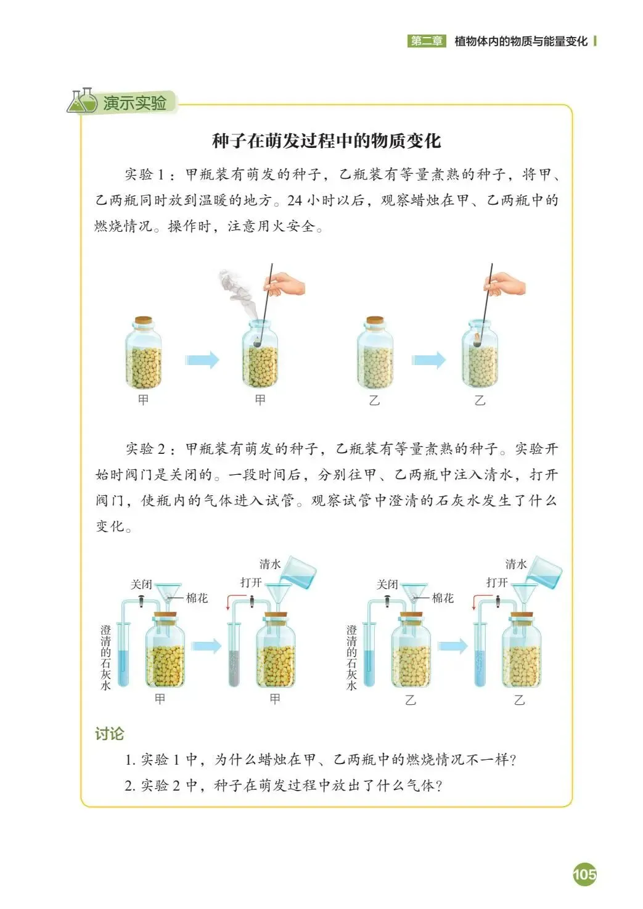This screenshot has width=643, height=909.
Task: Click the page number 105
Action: click(584, 874)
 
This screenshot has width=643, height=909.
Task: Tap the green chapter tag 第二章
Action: click(427, 41)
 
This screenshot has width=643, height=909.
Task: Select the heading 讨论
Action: click(109, 734)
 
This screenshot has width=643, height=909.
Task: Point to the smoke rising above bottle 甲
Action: click(236, 293)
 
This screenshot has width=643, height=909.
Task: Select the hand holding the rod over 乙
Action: click(505, 284)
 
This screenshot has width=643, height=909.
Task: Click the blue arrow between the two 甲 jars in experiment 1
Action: click(202, 360)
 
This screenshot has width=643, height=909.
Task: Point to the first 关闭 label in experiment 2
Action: click(141, 585)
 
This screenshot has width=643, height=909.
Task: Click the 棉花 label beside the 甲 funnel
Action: click(197, 598)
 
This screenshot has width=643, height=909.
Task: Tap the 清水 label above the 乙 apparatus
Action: click(515, 564)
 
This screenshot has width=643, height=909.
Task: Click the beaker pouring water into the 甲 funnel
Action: click(298, 573)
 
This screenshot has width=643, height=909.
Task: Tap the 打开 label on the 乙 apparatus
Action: click(497, 583)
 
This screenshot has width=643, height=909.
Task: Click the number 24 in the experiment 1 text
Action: click(294, 200)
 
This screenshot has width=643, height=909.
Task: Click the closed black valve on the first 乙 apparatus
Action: click(387, 600)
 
